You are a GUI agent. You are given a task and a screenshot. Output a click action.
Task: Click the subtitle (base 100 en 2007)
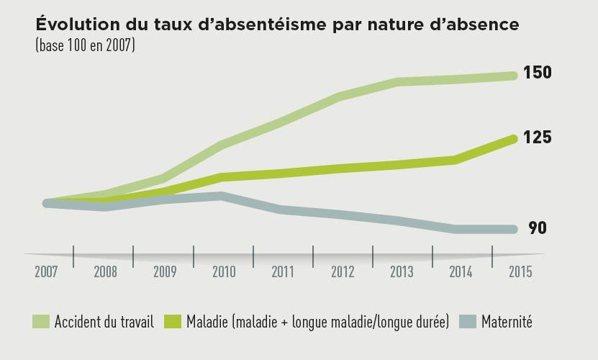tap(85, 45)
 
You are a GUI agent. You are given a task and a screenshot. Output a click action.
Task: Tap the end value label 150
tap(538, 73)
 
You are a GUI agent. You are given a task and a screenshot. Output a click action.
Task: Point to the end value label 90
tap(538, 228)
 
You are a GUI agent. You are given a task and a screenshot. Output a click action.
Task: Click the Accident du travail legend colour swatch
tap(40, 322)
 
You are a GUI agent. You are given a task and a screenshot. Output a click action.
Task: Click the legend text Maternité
tap(507, 322)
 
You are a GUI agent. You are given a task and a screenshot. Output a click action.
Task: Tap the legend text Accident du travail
tap(104, 322)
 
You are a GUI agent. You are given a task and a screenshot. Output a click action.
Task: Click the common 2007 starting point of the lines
tap(47, 203)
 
